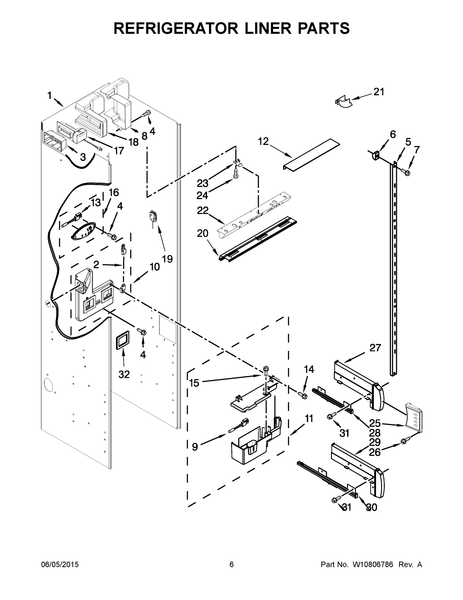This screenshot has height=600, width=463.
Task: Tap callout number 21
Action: point(379,92)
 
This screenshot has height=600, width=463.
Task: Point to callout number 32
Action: point(124,374)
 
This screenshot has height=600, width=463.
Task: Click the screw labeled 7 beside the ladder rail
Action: point(406,172)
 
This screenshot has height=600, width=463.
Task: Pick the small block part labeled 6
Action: point(375,155)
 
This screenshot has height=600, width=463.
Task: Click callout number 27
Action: point(375,348)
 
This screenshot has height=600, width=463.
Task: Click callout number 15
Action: point(194,383)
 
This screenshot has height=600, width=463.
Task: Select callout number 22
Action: point(203,211)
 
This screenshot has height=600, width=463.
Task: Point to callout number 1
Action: point(49,95)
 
